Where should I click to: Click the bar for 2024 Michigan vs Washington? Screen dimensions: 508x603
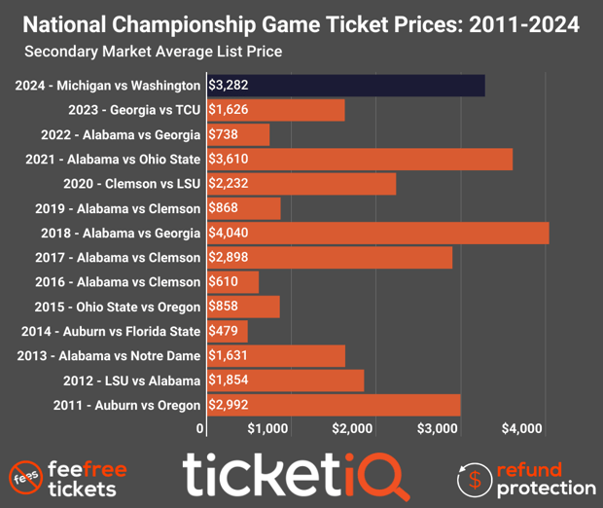tap(345, 86)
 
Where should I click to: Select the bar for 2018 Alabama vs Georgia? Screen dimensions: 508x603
tap(377, 233)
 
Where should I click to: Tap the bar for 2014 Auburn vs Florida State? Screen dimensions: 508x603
tap(228, 331)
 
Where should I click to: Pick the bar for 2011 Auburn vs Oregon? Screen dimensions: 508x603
tap(334, 405)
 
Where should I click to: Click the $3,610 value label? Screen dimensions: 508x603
tap(230, 160)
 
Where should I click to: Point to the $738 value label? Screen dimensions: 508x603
tap(225, 134)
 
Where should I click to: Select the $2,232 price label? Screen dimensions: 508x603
tap(230, 184)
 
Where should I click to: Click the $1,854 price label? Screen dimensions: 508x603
tap(230, 381)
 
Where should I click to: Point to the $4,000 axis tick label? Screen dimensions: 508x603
tap(523, 428)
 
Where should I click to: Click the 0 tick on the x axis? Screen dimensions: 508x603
tap(201, 428)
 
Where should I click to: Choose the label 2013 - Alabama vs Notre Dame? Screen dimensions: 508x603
tap(108, 356)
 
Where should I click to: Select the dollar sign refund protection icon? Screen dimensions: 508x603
tap(474, 477)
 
